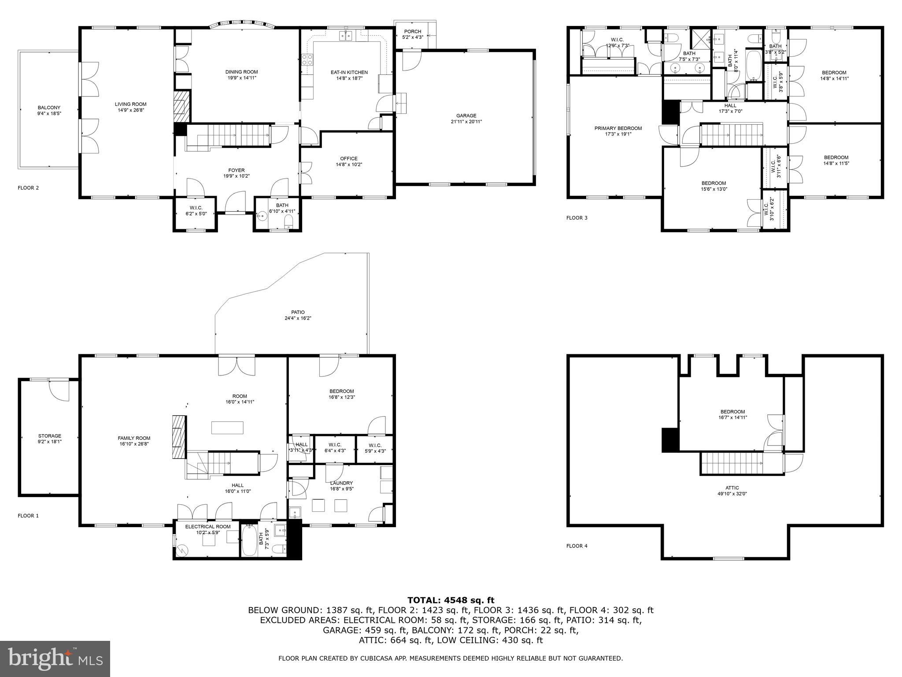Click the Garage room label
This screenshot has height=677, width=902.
click(466, 116)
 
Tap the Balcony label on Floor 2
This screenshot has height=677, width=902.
click(49, 108)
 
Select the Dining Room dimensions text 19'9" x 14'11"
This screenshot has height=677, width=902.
click(241, 78)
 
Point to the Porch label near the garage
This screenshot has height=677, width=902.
click(412, 32)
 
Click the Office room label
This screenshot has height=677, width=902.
click(348, 159)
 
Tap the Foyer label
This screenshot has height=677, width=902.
click(237, 171)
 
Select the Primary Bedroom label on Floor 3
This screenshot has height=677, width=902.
click(618, 128)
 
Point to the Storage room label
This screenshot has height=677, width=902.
click(49, 436)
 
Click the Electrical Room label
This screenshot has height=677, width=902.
click(207, 527)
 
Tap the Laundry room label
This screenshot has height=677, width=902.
click(342, 483)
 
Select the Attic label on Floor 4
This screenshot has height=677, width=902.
click(732, 488)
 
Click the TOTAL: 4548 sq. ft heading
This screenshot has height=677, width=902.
click(451, 600)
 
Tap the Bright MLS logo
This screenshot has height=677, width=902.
click(55, 658)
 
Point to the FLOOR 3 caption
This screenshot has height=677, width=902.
click(577, 218)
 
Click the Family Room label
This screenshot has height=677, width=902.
click(134, 438)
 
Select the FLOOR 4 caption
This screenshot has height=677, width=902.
click(577, 546)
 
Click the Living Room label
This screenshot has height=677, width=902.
click(130, 104)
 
